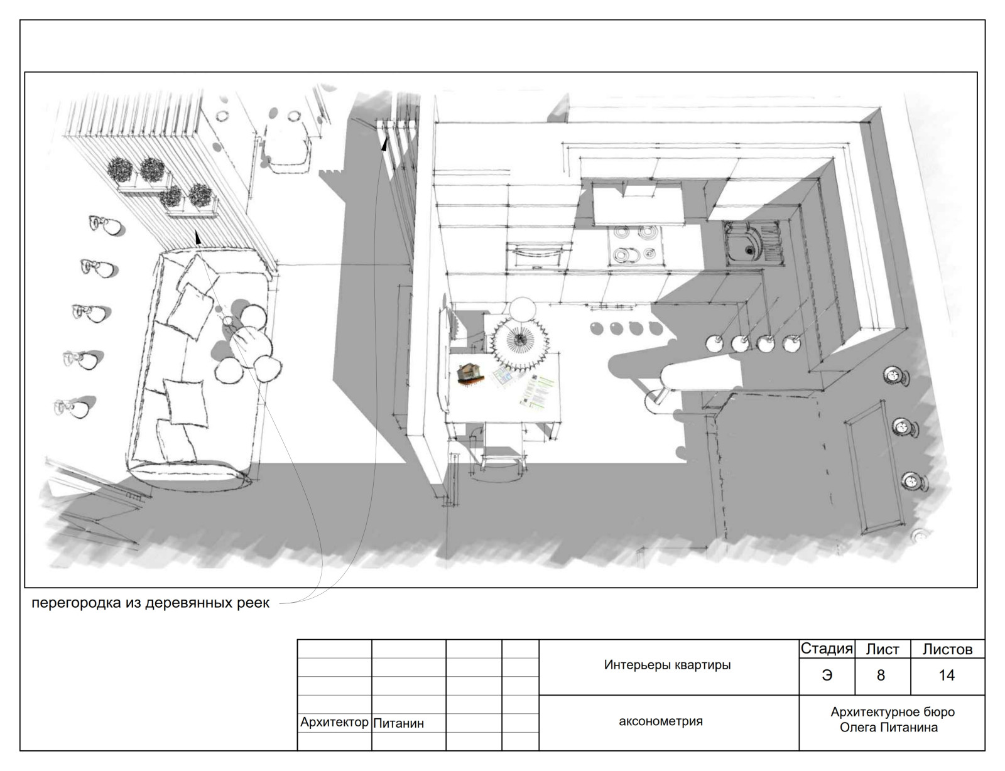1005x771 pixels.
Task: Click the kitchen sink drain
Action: [749, 250]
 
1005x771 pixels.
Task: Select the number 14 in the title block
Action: [946, 676]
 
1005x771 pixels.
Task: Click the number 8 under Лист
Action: [881, 676]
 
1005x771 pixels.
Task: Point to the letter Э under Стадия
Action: [827, 676]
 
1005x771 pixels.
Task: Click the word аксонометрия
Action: [660, 721]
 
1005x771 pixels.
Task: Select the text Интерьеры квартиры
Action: [667, 665]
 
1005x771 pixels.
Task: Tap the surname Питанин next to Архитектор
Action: [398, 723]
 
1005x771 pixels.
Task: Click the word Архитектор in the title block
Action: [334, 723]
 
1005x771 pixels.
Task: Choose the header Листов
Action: [947, 650]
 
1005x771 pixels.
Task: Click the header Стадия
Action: [827, 649]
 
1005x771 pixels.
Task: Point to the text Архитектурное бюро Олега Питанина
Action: [892, 720]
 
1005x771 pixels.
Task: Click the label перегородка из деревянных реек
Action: [150, 603]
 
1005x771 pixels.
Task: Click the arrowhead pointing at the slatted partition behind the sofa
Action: [198, 237]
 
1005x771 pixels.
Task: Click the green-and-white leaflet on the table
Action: [536, 390]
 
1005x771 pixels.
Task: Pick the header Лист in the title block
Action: [883, 650]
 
